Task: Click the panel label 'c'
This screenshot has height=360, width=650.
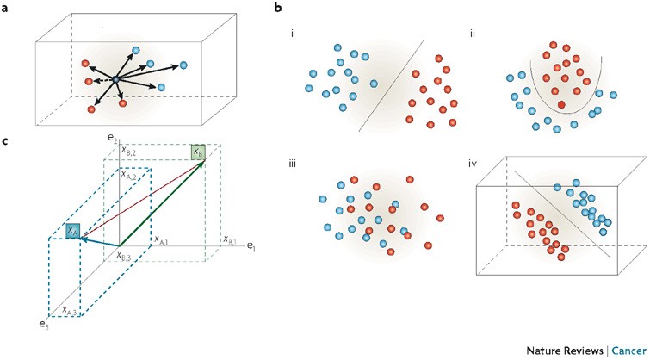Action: (x=9, y=140)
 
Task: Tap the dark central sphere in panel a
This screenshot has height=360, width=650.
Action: (x=115, y=79)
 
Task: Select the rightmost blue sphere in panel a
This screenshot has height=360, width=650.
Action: (x=183, y=65)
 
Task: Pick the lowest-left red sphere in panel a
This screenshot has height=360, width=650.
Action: (x=91, y=109)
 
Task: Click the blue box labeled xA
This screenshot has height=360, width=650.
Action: (x=73, y=231)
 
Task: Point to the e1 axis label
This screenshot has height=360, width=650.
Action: (x=251, y=247)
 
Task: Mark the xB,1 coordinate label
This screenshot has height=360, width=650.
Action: (x=230, y=239)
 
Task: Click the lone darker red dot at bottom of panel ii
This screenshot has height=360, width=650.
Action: (x=561, y=104)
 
